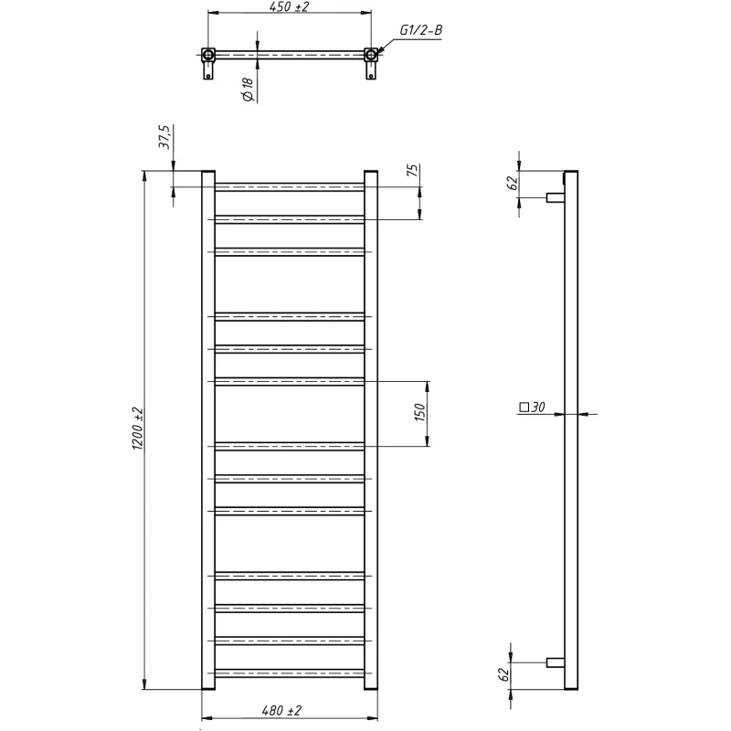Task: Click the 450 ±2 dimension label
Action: pos(289,6)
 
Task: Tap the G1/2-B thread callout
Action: pos(420,30)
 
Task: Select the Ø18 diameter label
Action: pos(248,89)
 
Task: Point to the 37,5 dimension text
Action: pos(165,136)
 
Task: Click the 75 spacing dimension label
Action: pos(413,170)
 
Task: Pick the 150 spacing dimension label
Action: pos(419,412)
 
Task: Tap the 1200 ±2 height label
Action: pos(139,429)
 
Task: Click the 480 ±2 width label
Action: pos(281,710)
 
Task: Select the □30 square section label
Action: pos(532,407)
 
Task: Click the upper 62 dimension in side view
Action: pos(512,183)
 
